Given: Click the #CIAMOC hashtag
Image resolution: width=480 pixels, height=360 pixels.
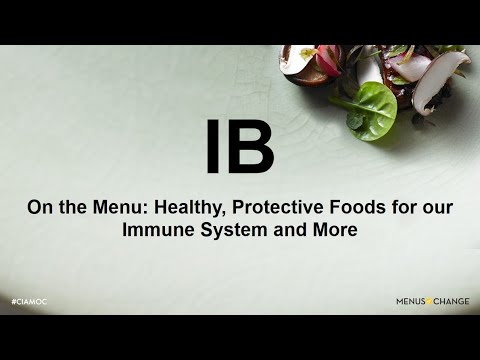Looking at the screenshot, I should pyautogui.click(x=31, y=301).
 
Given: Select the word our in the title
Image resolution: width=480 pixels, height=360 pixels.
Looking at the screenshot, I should pyautogui.click(x=437, y=207).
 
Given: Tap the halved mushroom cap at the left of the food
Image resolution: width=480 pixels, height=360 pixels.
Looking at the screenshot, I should pyautogui.click(x=298, y=62).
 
